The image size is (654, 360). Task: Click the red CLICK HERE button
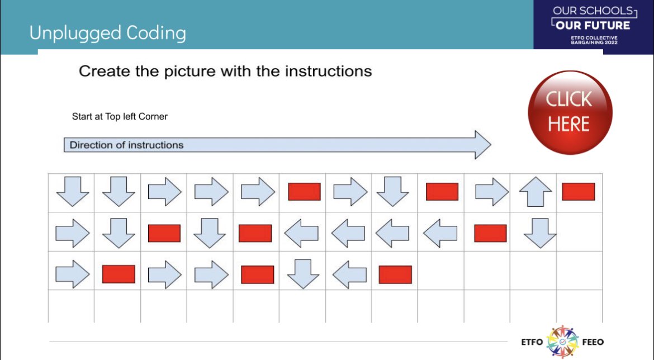point(570,112)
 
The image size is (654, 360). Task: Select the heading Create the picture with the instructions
point(225,72)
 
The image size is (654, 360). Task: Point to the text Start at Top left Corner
point(120,117)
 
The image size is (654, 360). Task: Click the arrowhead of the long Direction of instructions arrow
point(481,145)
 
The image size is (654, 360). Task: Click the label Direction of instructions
point(126,145)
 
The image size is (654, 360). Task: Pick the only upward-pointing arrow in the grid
point(535,192)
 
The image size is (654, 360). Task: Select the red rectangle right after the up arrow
point(578,191)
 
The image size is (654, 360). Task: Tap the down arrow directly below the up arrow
point(540,233)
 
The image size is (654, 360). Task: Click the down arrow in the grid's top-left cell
point(72,192)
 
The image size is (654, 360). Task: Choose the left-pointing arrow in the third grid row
point(349,274)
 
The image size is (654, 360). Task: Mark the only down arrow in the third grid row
point(302,274)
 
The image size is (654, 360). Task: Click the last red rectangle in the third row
point(395,274)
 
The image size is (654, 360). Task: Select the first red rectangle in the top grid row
point(304,192)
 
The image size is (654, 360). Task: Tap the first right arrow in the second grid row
point(72,233)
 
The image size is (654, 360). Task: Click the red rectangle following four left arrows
point(490,233)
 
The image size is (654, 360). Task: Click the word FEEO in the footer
point(592,342)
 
